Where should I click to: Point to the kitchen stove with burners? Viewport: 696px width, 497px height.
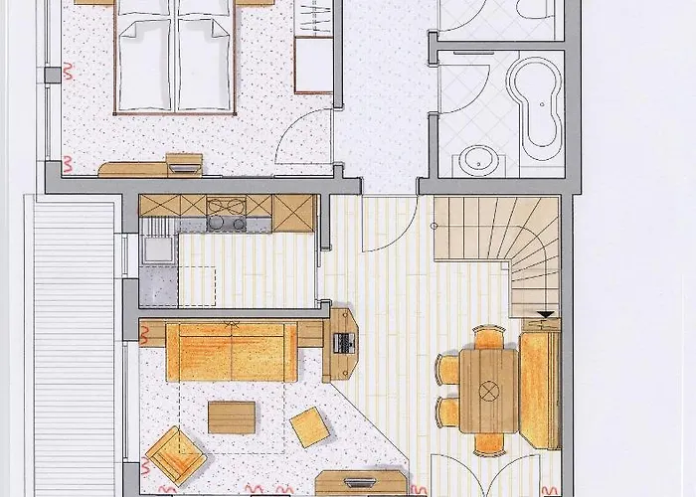(x=228, y=216)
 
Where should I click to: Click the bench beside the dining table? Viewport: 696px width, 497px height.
(x=539, y=390)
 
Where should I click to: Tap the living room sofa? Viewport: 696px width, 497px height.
(x=231, y=353)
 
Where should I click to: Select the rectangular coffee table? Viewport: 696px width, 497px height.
(x=232, y=415)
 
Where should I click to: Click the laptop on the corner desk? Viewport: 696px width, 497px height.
(x=344, y=344)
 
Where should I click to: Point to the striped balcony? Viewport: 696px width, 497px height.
(x=75, y=348)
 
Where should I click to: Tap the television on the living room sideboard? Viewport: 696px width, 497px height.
(x=358, y=483)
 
